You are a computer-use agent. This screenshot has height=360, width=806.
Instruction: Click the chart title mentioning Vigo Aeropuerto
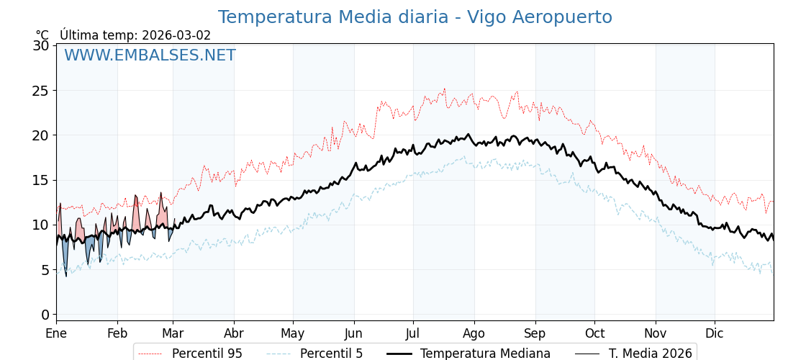[415, 17]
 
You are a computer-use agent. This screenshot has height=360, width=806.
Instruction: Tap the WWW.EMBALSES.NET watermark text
[150, 55]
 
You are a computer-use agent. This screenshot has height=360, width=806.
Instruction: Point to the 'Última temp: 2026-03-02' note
[135, 35]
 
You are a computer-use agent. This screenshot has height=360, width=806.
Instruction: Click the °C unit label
[42, 35]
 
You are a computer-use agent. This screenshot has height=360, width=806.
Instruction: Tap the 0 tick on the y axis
[45, 315]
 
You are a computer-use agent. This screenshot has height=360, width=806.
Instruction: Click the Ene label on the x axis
[56, 333]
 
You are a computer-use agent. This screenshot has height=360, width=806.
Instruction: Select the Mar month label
[173, 333]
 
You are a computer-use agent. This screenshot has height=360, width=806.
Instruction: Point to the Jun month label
[353, 333]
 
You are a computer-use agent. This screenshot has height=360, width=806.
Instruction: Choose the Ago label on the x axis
[474, 333]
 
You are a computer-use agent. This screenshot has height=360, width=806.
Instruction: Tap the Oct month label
[594, 333]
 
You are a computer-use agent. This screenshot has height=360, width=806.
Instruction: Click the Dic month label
[715, 333]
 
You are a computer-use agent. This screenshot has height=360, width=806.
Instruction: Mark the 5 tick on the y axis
[45, 270]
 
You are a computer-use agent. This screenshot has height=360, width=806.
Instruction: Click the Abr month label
[234, 333]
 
